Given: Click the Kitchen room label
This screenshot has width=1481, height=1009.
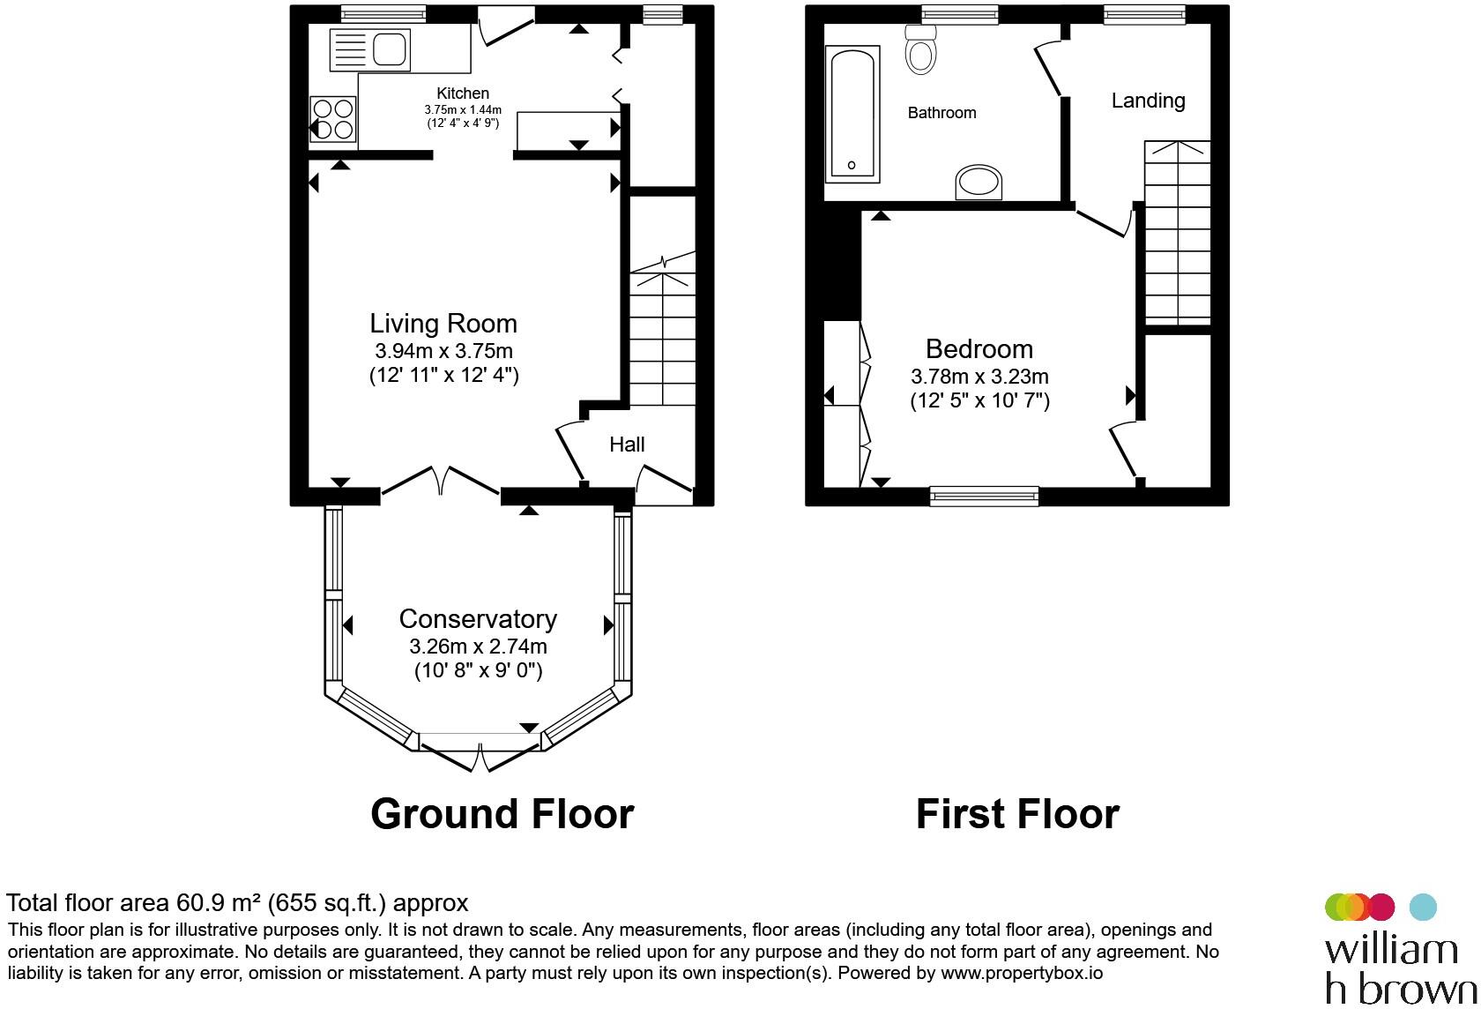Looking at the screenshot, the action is point(463,93).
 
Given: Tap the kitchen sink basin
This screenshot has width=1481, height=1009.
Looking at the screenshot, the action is point(390,49).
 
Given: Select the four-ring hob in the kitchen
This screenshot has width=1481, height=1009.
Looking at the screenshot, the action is point(333,119).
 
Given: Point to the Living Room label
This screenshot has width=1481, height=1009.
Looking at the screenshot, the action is point(443,324).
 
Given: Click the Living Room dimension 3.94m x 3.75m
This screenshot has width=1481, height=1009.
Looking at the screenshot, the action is point(443,351).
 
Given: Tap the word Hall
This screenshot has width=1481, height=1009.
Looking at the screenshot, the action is point(627,444).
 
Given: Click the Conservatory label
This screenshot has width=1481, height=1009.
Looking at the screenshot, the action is point(478,618).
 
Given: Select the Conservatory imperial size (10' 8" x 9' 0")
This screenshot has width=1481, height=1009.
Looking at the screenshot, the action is point(478,671).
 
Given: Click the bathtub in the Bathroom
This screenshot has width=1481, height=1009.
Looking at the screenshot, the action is point(853,114).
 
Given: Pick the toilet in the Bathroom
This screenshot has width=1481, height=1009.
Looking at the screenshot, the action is point(920,49).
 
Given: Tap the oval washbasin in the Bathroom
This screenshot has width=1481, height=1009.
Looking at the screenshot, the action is point(979,182).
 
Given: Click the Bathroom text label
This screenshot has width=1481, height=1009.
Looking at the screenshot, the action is point(941,113).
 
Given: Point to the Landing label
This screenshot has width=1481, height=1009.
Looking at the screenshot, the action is point(1148,101).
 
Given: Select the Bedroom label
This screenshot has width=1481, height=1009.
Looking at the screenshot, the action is point(979,348).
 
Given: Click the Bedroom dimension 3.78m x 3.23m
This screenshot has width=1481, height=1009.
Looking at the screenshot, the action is point(979,377).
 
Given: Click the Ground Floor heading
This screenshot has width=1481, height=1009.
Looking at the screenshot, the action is point(502,814).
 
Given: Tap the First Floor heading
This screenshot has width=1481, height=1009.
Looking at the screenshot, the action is point(1017,814).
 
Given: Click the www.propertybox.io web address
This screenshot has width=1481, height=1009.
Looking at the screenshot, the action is point(1022,973).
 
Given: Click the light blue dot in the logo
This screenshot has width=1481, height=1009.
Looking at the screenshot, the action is point(1423,907).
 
